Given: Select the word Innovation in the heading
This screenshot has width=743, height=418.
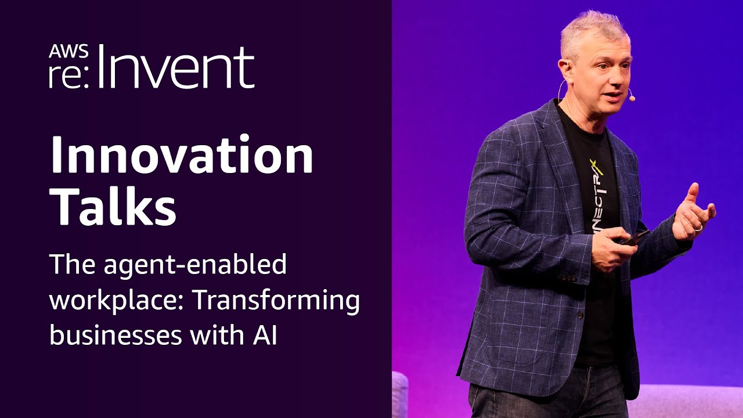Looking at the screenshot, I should [182, 156].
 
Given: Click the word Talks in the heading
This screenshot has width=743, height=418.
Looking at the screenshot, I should [113, 206].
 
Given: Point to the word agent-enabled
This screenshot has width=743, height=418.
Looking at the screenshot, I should [197, 265].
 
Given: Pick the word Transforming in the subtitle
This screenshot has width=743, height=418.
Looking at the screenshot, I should [276, 301].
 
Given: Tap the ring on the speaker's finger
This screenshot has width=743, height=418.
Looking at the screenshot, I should [699, 228].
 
